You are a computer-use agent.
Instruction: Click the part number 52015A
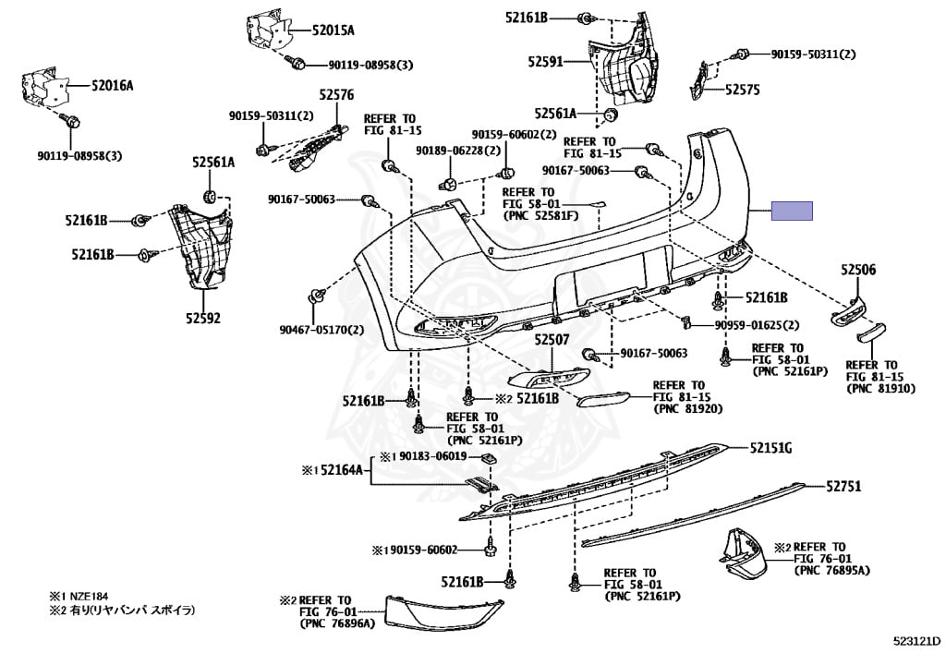coord(333,30)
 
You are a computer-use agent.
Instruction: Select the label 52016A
coord(112,86)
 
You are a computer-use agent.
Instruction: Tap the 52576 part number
coord(336,94)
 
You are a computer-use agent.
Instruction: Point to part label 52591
coord(545,62)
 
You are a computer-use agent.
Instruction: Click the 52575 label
coord(742,90)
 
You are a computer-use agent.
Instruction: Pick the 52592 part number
coord(202,318)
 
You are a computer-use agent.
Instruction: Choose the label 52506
coord(858,270)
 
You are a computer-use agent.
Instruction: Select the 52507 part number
coord(552,340)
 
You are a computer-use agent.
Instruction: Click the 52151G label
coord(771,448)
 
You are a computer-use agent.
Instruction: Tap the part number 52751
coord(843,486)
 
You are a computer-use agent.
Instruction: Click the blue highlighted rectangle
coord(792,211)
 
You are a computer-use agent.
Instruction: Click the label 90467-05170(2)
coord(321,330)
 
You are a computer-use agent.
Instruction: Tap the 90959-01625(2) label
coord(757,325)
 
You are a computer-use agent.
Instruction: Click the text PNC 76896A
coord(337,623)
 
